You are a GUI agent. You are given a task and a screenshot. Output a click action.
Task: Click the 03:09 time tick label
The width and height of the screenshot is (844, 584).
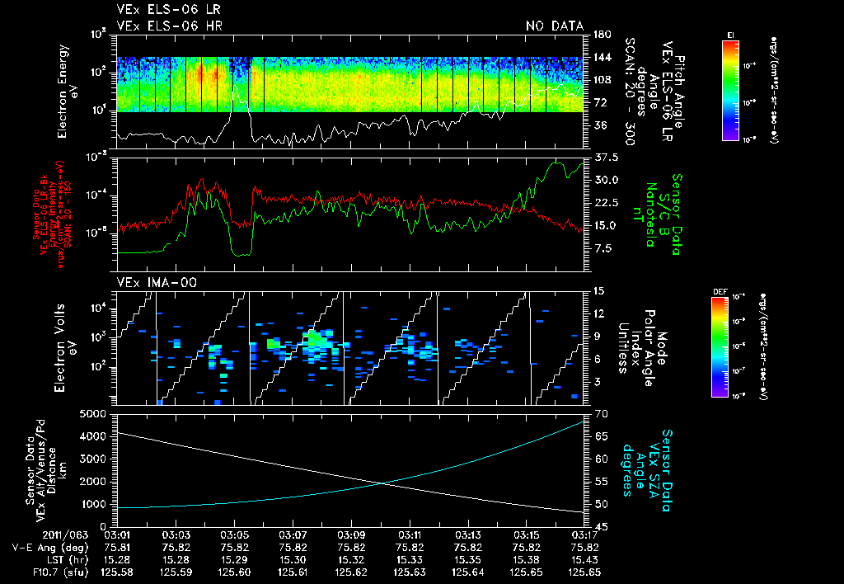point(351,534)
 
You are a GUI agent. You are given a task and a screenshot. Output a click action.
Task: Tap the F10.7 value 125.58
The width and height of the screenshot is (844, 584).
point(117,571)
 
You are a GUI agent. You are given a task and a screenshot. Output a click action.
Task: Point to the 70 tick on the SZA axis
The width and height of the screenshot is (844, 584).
point(601,413)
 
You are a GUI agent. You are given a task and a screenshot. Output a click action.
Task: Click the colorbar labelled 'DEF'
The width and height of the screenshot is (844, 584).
point(729,347)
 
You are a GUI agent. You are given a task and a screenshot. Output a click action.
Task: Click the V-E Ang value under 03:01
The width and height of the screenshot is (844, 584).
point(117,546)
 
